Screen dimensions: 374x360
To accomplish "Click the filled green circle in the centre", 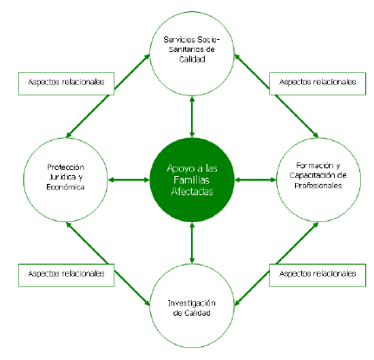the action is (x=192, y=180).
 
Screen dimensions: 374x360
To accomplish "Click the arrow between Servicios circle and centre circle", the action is (x=192, y=117).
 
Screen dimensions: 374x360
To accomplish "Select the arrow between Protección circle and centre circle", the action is (x=128, y=180).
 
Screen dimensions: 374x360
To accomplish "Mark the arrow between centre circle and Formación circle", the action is (x=255, y=180).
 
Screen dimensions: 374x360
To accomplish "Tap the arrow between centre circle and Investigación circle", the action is (x=192, y=243).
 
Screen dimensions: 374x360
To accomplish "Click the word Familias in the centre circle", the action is (x=192, y=180).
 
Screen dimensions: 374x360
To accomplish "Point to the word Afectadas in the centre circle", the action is (x=192, y=192).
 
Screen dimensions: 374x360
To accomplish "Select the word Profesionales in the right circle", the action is (x=318, y=186).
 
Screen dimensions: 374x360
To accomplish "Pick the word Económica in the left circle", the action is (x=65, y=187).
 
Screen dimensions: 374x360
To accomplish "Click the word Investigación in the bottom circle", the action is (x=192, y=303).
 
